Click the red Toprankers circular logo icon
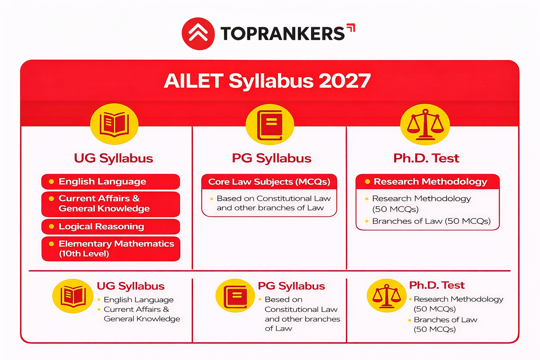198,34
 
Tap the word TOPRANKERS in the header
283,34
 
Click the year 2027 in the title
345,81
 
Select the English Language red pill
110,182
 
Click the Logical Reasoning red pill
110,227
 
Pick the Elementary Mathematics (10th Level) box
110,249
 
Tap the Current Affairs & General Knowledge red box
110,204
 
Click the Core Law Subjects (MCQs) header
269,182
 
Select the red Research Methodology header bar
427,182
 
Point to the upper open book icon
114,124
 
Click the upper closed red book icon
270,125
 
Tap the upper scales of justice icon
425,125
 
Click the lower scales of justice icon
386,296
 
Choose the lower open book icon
73,296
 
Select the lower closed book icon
235,296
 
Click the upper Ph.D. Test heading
426,158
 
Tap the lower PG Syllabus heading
291,286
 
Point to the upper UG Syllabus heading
114,158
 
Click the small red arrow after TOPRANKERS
351,28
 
